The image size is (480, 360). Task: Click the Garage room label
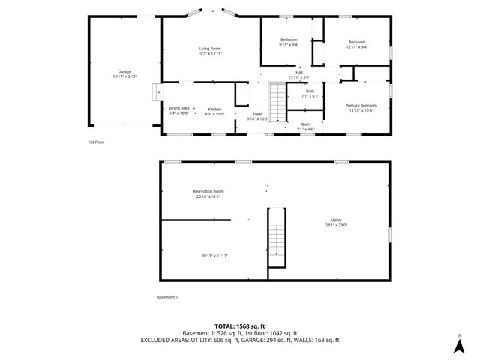[x=124, y=71]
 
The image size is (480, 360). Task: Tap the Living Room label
[x=210, y=49]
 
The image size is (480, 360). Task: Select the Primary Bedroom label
[x=361, y=106]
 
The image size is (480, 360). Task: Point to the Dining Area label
[x=178, y=108]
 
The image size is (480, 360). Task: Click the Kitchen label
[x=214, y=108]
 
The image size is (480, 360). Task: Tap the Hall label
[x=298, y=72]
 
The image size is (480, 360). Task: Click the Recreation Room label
[x=208, y=191]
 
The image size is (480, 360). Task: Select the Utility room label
[x=336, y=220]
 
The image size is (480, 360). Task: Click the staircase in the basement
[x=277, y=242]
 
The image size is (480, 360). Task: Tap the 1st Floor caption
[x=97, y=141]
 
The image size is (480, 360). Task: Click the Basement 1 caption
[x=166, y=297]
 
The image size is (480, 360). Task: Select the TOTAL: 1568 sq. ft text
[x=240, y=326]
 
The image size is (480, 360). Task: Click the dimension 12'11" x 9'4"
[x=356, y=46]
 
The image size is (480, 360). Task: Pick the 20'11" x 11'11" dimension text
[x=214, y=256]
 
